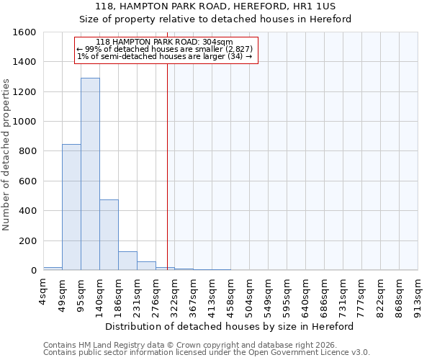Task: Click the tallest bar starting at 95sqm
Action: coord(90,174)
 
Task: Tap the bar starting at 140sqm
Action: coord(109,235)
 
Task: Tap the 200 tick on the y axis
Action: coord(27,240)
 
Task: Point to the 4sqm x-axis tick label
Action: coord(44,292)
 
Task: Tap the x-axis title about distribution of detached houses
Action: coord(230,326)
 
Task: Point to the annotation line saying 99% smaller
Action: coord(164,49)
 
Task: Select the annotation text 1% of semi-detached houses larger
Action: coord(164,57)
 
